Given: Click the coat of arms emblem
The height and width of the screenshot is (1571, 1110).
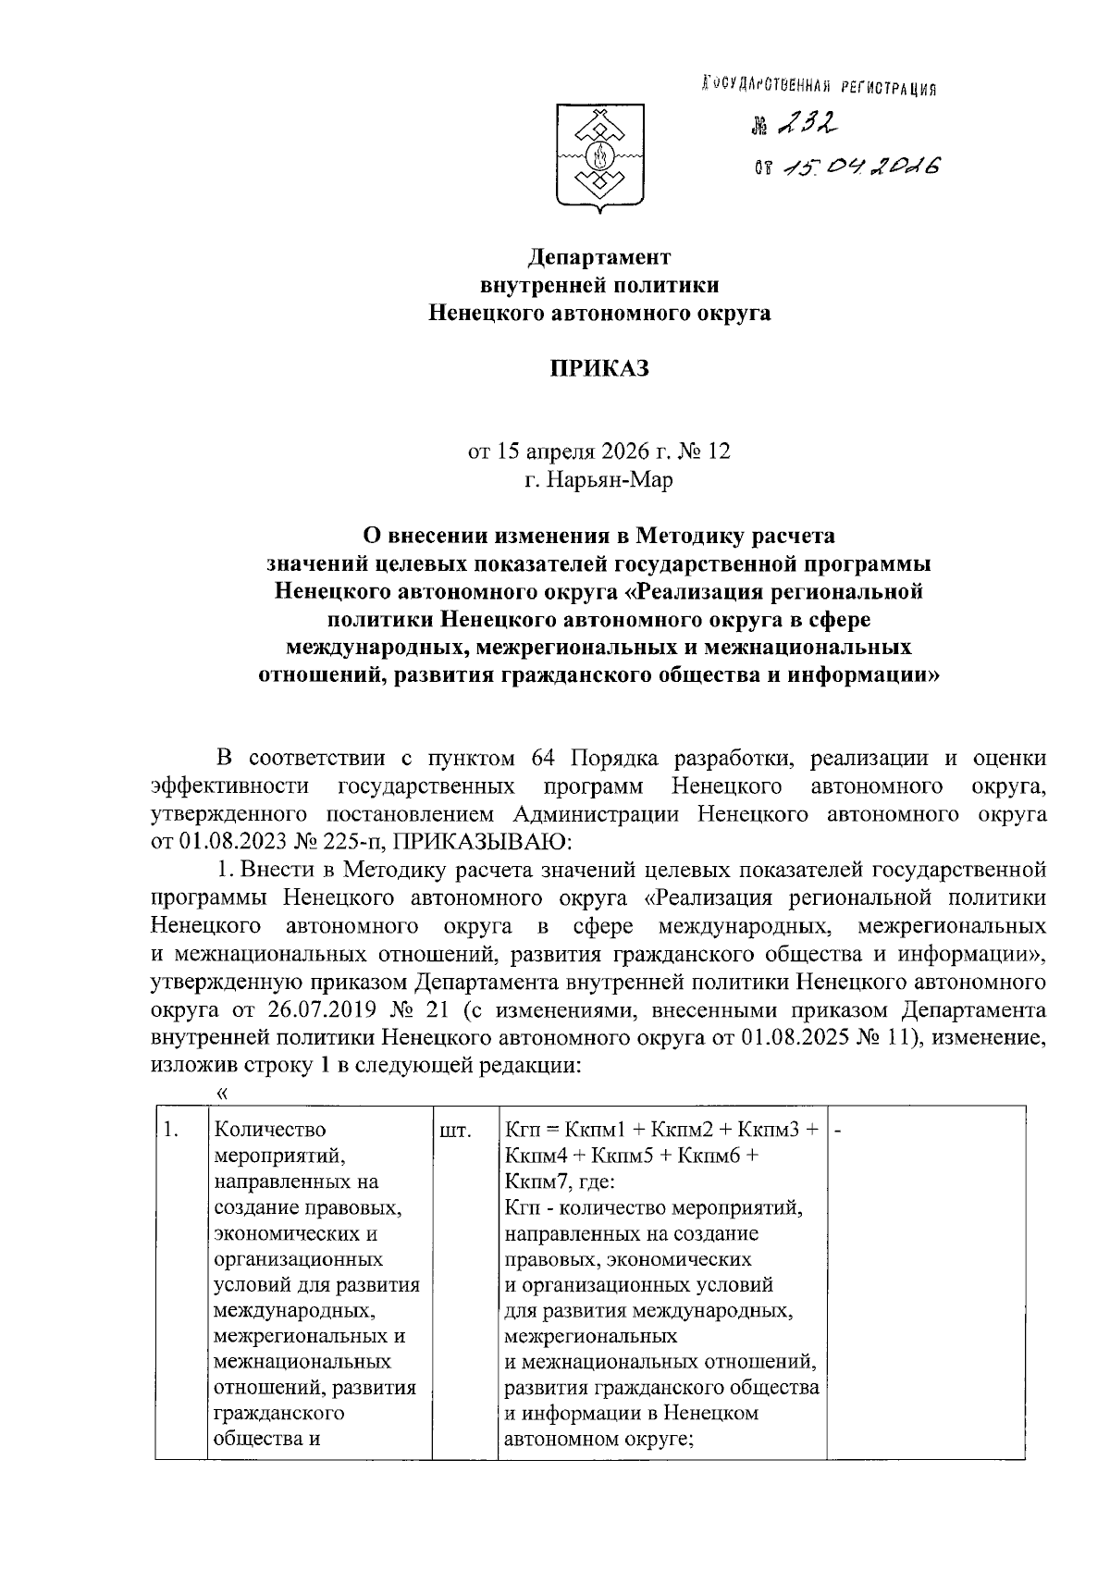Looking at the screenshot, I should click(x=599, y=159).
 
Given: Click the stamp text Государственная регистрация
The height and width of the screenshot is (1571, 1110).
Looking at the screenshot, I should click(x=819, y=87).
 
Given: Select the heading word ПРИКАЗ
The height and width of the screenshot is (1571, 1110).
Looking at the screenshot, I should click(x=598, y=368).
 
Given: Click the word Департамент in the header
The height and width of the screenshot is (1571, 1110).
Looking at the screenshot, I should click(x=598, y=255).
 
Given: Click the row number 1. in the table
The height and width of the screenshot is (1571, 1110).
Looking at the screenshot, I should click(x=169, y=1131).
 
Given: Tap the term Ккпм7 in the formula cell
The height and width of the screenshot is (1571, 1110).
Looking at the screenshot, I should click(x=533, y=1181).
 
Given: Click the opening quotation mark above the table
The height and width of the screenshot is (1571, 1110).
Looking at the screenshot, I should click(x=221, y=1093).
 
